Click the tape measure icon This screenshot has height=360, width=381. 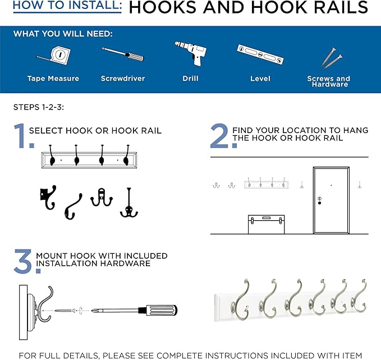coord(53,55)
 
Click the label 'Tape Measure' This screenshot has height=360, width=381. coord(53,79)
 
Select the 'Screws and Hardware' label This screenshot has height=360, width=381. coord(328,81)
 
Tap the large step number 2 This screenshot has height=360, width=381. coord(219,136)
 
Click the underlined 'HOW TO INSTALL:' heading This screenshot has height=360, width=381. coord(67,7)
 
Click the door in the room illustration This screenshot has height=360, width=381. coord(331,200)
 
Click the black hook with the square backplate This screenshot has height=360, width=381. coord(47,198)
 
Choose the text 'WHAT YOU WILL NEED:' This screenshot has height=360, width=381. coord(63,34)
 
